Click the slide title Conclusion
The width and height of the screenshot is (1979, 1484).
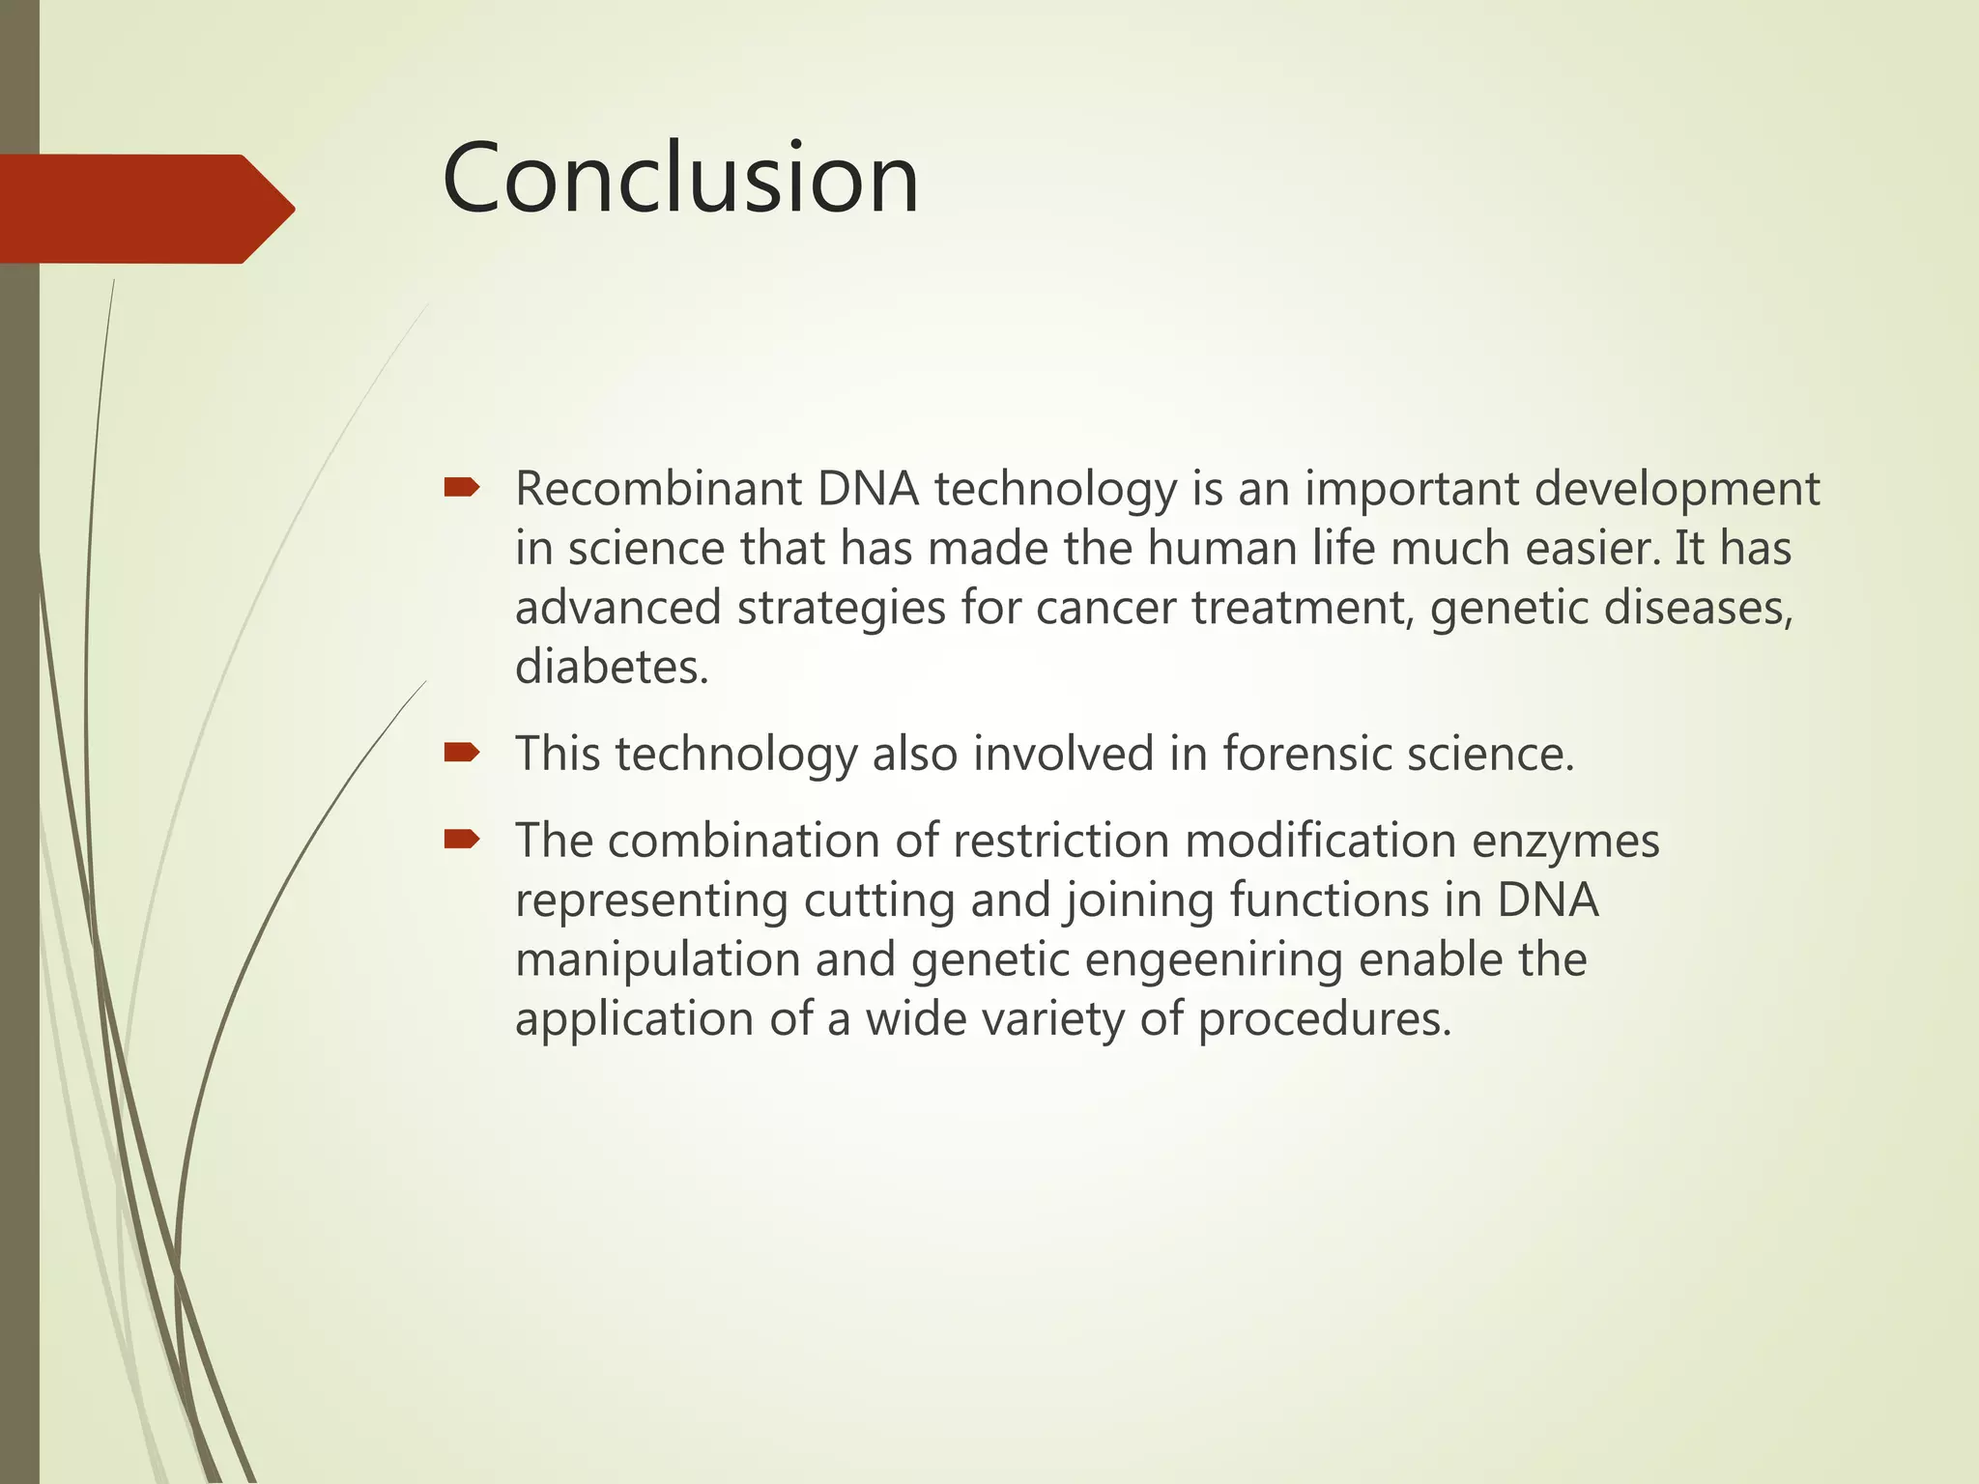coord(680,179)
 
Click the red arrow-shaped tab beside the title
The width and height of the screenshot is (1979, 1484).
coord(145,209)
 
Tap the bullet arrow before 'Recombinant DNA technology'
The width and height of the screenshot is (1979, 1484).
coord(461,488)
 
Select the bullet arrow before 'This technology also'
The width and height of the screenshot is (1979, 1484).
coord(461,753)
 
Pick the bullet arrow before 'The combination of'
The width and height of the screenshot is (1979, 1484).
coord(461,840)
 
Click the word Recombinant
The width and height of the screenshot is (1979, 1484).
coord(658,489)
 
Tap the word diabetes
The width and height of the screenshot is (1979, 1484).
coord(611,668)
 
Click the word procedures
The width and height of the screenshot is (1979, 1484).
coord(1324,1020)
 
